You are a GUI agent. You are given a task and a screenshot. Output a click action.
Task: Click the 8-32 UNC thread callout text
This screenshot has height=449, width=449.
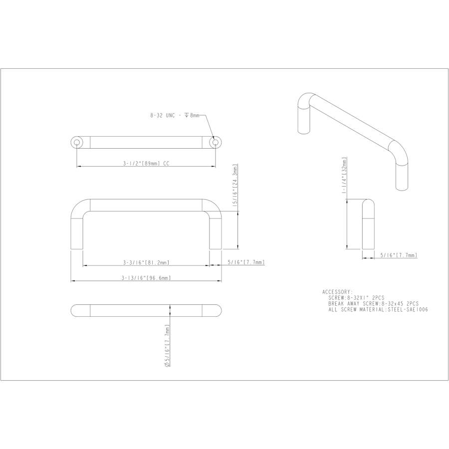click(x=175, y=115)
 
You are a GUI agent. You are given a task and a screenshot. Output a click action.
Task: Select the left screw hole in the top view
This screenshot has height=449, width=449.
click(x=77, y=142)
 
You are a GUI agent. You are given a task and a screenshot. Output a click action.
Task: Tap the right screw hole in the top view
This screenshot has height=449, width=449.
click(x=215, y=142)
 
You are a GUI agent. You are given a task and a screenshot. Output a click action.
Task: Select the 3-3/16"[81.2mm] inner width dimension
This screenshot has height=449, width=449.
click(x=146, y=262)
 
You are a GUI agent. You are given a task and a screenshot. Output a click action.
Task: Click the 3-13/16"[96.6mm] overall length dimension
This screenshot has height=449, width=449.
click(x=146, y=278)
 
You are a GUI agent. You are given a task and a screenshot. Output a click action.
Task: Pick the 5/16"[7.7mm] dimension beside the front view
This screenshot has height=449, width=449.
click(x=245, y=262)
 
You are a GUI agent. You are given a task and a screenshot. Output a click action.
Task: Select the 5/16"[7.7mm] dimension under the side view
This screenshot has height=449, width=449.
click(x=398, y=255)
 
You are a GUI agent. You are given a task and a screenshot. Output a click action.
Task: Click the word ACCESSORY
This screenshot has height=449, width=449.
click(x=337, y=292)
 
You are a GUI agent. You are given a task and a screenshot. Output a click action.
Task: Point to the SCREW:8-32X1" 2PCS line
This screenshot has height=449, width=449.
click(x=356, y=297)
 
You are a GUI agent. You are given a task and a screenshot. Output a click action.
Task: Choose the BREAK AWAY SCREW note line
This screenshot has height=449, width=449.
click(x=373, y=303)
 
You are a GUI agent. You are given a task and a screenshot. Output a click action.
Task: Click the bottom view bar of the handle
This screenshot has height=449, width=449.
click(x=146, y=310)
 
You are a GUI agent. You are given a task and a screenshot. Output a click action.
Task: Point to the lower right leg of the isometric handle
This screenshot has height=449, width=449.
click(x=402, y=175)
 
